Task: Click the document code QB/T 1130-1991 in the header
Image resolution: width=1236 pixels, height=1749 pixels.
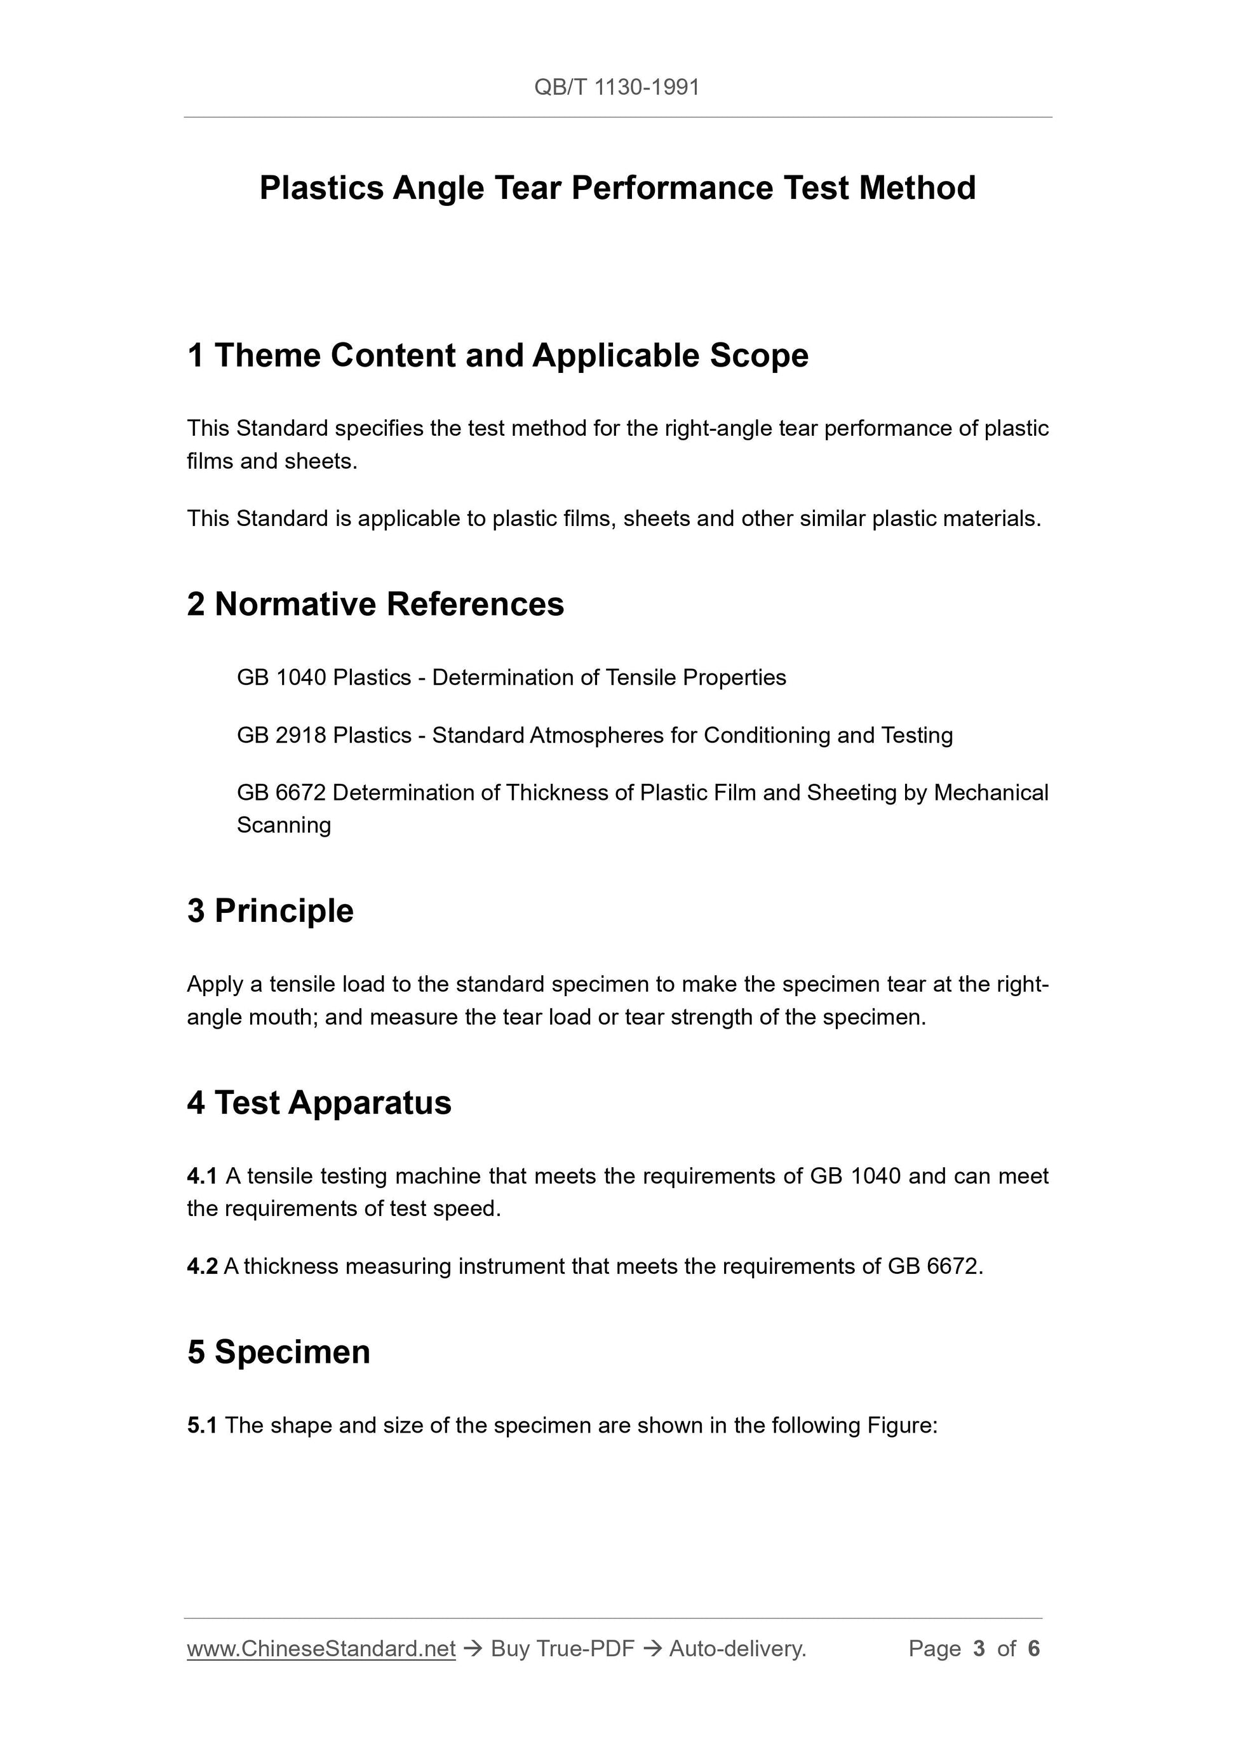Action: point(616,88)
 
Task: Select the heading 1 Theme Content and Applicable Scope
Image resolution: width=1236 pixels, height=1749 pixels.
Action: point(497,356)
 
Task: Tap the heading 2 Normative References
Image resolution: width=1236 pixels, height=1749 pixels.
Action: point(375,604)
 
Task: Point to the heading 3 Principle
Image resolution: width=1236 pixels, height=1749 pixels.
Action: point(271,911)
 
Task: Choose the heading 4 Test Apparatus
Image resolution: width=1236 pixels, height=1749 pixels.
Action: point(319,1103)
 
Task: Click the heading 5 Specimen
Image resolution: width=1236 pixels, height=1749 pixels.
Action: point(279,1352)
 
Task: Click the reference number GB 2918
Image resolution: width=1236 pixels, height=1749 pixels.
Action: point(282,735)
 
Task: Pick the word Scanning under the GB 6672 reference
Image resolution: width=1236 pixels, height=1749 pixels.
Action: point(284,825)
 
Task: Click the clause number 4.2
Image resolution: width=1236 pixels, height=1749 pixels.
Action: point(202,1266)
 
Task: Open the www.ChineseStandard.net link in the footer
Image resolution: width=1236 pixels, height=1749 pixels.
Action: point(321,1649)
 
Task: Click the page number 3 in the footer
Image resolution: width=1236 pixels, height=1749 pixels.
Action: point(979,1649)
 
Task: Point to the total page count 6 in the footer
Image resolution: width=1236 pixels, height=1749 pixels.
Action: point(1033,1649)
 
